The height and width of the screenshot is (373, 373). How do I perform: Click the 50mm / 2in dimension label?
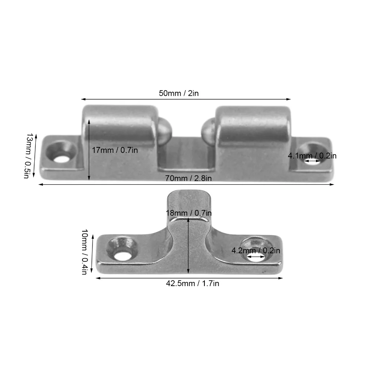[179, 93]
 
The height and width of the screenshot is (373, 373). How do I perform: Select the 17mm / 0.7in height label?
[115, 150]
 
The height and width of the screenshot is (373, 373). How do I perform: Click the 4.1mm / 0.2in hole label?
[312, 156]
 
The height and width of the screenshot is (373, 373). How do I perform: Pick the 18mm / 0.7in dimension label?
[189, 213]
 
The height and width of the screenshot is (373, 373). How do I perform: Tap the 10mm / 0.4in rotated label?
[84, 252]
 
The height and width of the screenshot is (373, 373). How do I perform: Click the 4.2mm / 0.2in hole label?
[256, 251]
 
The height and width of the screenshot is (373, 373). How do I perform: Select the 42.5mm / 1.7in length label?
[192, 283]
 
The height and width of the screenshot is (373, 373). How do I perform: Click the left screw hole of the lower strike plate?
[121, 256]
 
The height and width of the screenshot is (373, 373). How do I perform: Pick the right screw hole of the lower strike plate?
[254, 257]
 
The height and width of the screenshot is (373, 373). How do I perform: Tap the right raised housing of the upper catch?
[254, 127]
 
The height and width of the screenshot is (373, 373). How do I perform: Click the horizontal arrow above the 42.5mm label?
[189, 278]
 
